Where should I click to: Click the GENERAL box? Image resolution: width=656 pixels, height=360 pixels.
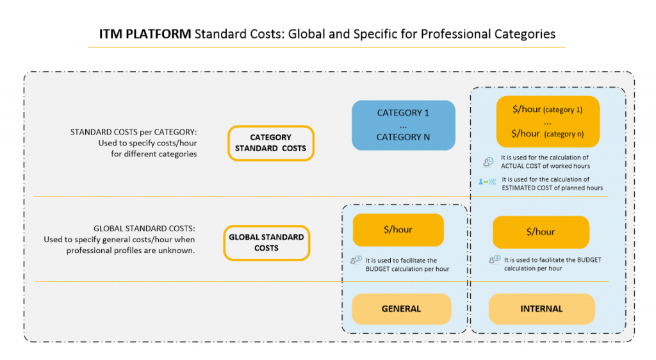pyautogui.click(x=401, y=309)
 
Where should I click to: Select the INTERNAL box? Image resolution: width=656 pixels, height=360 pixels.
pyautogui.click(x=541, y=309)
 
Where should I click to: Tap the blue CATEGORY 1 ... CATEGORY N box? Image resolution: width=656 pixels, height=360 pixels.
pyautogui.click(x=403, y=125)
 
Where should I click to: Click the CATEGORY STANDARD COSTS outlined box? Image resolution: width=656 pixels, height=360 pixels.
pyautogui.click(x=271, y=143)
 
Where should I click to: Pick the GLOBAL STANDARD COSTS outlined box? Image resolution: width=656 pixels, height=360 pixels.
pyautogui.click(x=266, y=242)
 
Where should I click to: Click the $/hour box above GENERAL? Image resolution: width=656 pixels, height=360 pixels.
pyautogui.click(x=398, y=229)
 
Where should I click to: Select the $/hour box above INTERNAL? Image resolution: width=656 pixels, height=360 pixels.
pyautogui.click(x=541, y=232)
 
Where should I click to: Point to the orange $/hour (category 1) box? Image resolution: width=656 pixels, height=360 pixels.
pyautogui.click(x=548, y=121)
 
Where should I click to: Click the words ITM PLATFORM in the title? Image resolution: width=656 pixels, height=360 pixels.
pyautogui.click(x=145, y=34)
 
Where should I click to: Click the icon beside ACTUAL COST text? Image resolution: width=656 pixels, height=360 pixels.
pyautogui.click(x=488, y=161)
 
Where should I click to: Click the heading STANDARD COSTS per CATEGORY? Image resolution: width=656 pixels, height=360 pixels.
pyautogui.click(x=133, y=132)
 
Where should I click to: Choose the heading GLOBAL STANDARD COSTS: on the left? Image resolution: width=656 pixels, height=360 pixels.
pyautogui.click(x=144, y=229)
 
